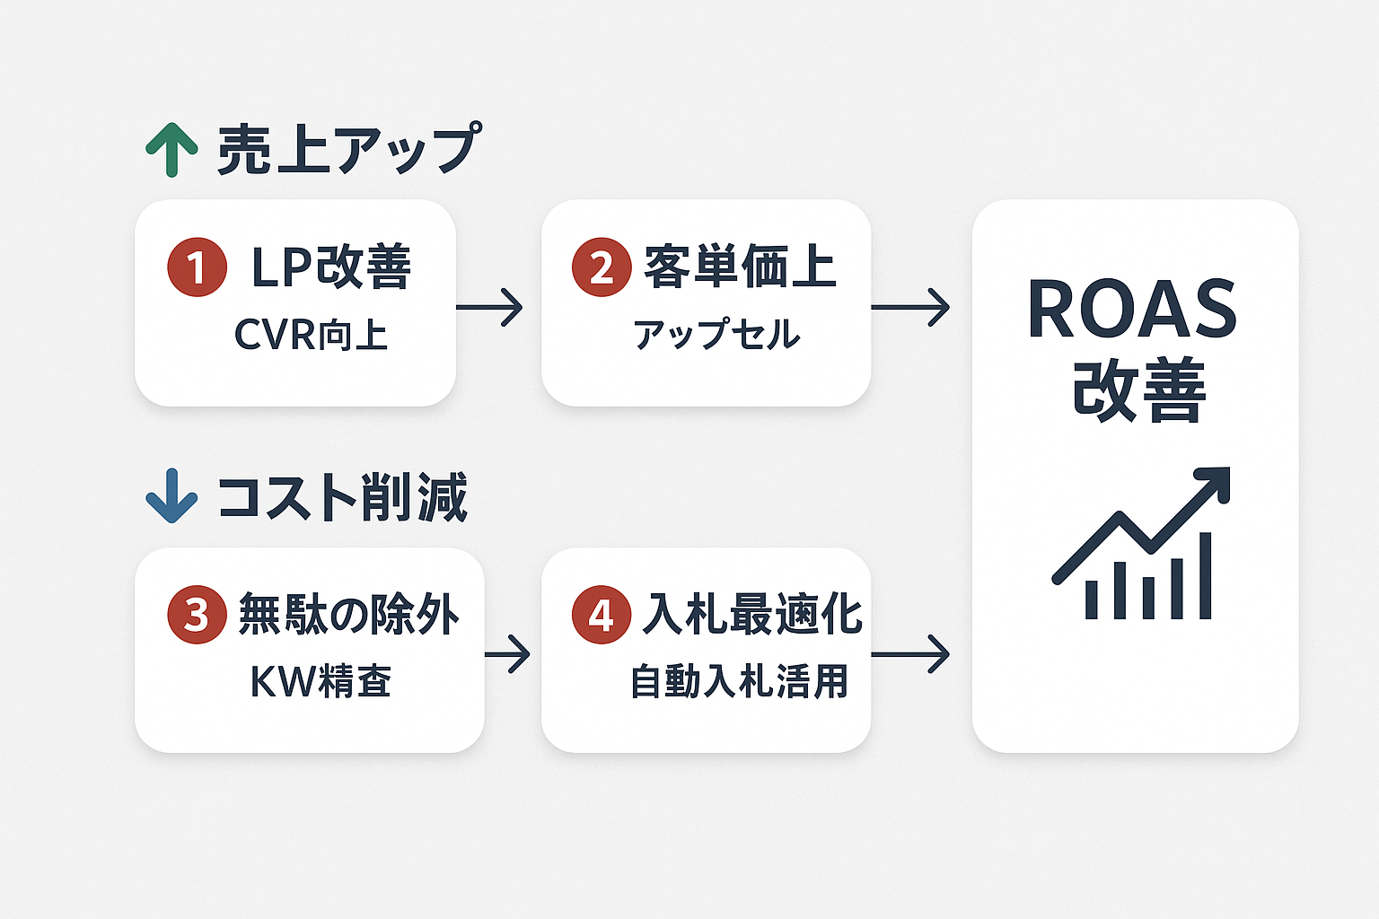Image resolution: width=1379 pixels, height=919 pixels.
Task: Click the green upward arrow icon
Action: (171, 150)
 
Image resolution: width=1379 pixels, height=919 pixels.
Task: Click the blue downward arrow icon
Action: (171, 495)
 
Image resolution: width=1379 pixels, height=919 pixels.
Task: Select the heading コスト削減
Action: (343, 496)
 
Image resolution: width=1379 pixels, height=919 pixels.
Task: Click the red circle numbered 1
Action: (197, 267)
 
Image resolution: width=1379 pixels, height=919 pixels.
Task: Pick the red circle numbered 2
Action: (602, 267)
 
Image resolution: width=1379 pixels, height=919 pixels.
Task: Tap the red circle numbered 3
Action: (197, 615)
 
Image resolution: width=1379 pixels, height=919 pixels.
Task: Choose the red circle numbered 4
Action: (602, 615)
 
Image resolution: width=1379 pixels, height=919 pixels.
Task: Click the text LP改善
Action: (330, 267)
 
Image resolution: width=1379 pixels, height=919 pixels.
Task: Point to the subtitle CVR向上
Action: (311, 335)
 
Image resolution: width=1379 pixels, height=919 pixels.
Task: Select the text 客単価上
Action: (740, 267)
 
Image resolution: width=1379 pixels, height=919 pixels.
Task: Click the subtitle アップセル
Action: (716, 335)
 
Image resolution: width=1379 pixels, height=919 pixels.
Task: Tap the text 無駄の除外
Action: (349, 615)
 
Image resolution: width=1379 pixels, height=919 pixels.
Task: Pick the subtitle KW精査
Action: (321, 681)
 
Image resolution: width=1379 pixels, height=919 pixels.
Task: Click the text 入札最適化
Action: (752, 615)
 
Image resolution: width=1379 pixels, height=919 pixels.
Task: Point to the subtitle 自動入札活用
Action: (739, 681)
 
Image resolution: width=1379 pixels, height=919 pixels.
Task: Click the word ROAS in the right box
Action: (1133, 310)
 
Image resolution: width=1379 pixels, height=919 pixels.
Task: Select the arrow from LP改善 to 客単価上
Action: (489, 308)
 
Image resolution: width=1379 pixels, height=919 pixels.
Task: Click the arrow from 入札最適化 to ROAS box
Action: (910, 654)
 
